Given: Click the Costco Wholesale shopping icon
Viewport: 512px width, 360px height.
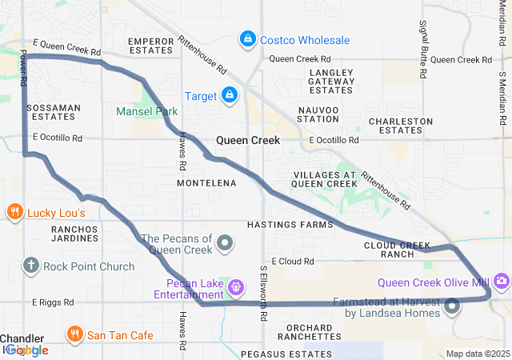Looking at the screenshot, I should (248, 39).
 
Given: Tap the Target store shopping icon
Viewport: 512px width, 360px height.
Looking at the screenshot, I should (230, 96).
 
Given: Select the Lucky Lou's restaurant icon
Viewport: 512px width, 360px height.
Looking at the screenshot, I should (14, 212).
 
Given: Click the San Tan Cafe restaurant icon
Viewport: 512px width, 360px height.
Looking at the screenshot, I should (74, 334).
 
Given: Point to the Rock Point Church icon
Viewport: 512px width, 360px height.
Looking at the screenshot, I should (31, 266).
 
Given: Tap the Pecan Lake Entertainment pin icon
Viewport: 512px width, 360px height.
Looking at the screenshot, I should (236, 286).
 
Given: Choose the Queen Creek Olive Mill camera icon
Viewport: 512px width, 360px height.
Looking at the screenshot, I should (502, 281).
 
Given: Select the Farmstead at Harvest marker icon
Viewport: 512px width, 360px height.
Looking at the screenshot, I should (454, 305).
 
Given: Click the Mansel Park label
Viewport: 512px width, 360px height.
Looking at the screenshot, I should (146, 111).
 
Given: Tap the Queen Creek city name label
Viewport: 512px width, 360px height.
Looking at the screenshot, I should (248, 141).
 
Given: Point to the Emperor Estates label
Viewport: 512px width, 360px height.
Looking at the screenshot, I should (151, 46).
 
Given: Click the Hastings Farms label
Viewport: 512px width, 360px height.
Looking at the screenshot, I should (290, 225).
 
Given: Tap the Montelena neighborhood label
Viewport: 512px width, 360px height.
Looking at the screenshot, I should (206, 183).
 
